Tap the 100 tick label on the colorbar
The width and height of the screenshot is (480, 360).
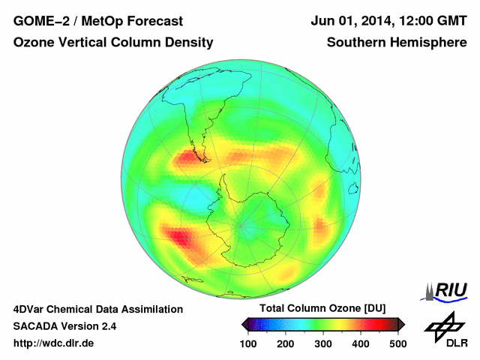pyautogui.click(x=248, y=343)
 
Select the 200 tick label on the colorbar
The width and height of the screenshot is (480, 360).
pyautogui.click(x=286, y=343)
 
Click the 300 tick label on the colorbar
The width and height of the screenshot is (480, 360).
pyautogui.click(x=323, y=343)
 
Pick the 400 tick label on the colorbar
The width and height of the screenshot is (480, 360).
pyautogui.click(x=361, y=343)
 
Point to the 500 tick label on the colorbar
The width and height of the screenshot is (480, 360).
pyautogui.click(x=397, y=343)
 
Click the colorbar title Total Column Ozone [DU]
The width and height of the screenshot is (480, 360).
pyautogui.click(x=322, y=308)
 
